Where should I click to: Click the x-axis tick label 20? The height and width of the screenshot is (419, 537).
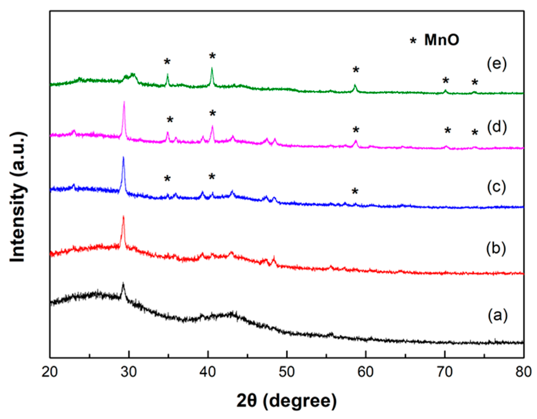[50, 372]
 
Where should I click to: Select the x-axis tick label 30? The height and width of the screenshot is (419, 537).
[129, 372]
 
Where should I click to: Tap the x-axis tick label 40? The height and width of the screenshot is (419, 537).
[208, 372]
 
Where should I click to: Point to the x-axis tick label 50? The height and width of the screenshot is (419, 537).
[287, 372]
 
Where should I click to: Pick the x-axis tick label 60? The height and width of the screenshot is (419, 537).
[366, 372]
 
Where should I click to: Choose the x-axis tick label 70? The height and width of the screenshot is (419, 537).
[445, 372]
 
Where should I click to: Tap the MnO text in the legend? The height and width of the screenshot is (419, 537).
[442, 40]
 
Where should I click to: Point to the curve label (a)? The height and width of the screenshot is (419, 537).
[497, 316]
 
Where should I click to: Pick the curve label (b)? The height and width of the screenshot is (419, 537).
[496, 249]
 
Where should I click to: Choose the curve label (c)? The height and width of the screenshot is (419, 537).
[496, 187]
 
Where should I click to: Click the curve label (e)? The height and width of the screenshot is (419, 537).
[497, 65]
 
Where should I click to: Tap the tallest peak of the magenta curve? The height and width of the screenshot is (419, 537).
[124, 102]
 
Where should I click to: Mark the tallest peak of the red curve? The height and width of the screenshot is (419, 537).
[123, 216]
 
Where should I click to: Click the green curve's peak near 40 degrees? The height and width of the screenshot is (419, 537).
[212, 68]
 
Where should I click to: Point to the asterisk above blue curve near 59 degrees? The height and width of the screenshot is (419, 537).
[355, 191]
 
